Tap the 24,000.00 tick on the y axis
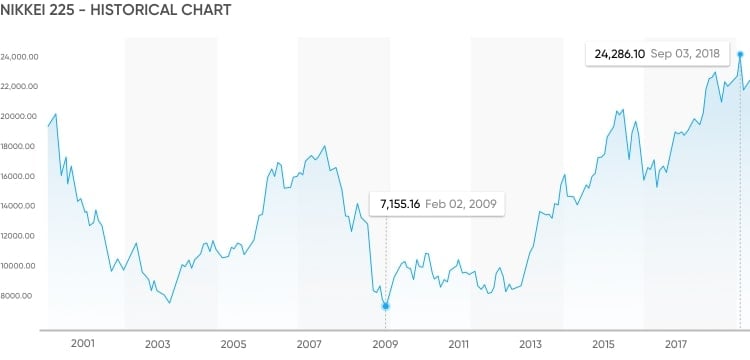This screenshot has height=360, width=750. click(19, 56)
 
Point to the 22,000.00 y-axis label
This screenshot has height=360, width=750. click(19, 86)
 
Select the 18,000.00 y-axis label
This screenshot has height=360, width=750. click(19, 146)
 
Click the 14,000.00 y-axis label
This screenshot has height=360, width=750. click(19, 206)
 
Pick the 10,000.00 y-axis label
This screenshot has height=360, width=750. click(19, 266)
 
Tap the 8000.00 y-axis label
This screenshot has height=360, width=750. click(21, 296)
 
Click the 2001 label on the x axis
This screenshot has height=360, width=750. click(83, 344)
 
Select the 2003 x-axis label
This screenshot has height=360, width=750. click(158, 344)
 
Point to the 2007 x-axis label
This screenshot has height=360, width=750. click(310, 344)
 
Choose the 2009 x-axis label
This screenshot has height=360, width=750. click(386, 344)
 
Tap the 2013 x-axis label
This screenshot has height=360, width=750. click(533, 344)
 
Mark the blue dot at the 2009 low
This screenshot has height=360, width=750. click(386, 306)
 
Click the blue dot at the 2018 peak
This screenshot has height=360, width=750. click(740, 54)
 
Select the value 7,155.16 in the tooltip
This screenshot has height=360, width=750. click(399, 204)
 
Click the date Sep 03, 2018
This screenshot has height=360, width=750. click(683, 54)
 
